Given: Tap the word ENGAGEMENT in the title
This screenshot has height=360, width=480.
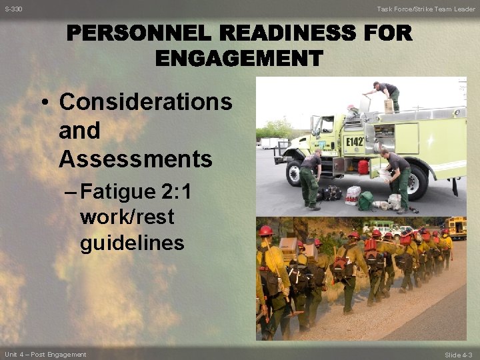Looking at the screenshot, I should [239, 59].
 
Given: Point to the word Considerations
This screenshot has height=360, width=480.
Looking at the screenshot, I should [145, 102].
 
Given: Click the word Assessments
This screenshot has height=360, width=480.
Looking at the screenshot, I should [135, 159].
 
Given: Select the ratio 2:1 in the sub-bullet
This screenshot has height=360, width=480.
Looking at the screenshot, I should [177, 192].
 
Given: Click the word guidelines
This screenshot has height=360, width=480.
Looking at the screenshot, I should [132, 243].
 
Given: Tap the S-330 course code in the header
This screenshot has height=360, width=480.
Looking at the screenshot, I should [13, 9].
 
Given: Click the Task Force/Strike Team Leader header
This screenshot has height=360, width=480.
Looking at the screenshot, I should [426, 9].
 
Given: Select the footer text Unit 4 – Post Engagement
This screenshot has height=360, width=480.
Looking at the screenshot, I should [45, 354].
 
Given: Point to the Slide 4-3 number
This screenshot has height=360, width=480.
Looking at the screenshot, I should [458, 354].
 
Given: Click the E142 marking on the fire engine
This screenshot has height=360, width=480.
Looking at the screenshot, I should [354, 142].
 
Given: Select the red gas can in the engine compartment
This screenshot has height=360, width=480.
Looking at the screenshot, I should [363, 166].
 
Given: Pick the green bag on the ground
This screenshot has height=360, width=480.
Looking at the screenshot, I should [365, 201].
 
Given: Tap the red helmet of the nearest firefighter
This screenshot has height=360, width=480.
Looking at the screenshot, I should [266, 231].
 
